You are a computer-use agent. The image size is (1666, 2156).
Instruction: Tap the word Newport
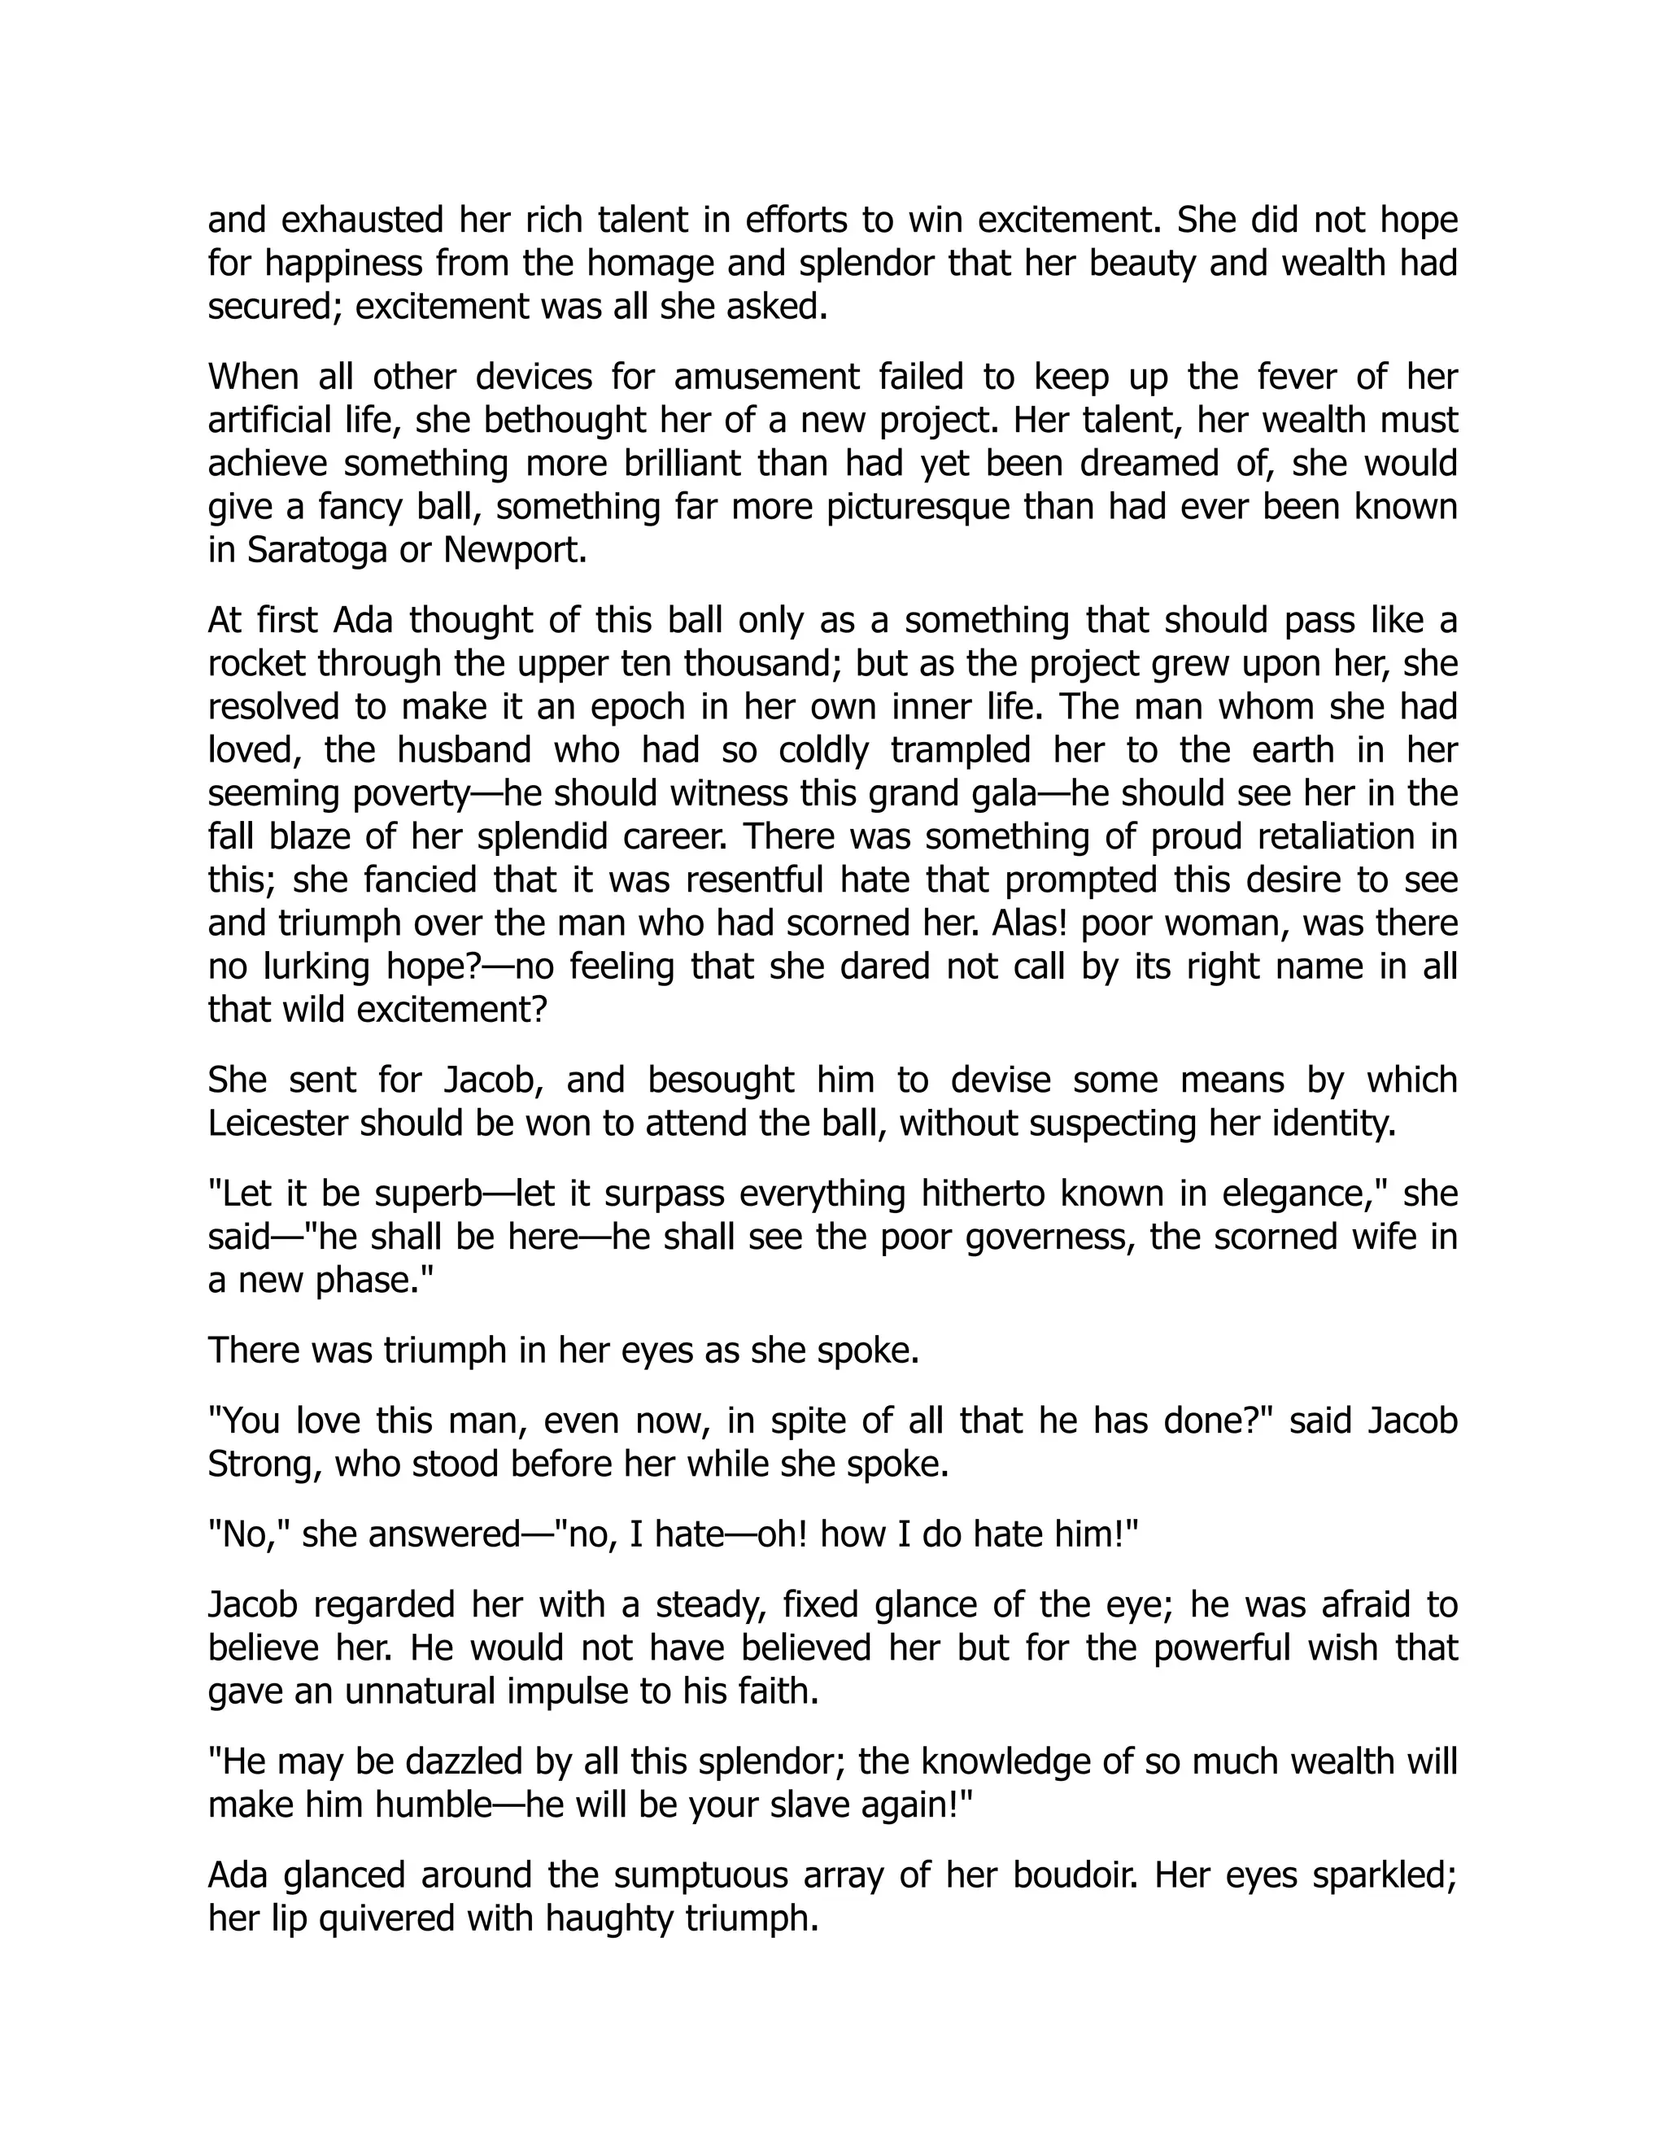pyautogui.click(x=513, y=550)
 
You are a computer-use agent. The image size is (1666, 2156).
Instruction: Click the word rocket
pyautogui.click(x=256, y=663)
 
